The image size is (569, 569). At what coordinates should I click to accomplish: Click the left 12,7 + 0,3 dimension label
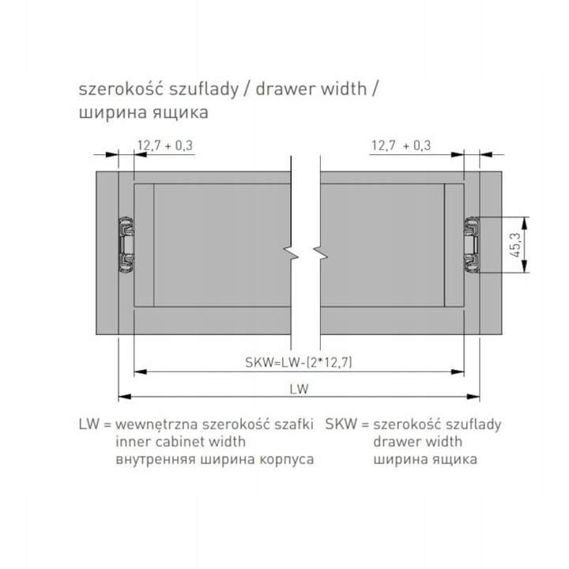coord(165,145)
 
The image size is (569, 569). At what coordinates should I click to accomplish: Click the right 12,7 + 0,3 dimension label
coord(401,145)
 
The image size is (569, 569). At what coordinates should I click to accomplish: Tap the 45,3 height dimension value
coord(515,244)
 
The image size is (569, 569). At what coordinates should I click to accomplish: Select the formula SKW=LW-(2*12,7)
coord(299,362)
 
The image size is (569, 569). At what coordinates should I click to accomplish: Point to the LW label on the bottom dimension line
coord(299,389)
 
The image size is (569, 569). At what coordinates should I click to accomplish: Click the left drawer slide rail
coord(126,244)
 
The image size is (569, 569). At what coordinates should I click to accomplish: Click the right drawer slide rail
coord(472,244)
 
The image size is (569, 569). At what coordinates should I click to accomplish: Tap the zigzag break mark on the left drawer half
coord(291,254)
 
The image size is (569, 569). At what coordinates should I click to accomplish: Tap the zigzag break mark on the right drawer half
coord(320,254)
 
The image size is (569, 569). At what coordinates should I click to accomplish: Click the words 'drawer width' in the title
coord(311,89)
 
